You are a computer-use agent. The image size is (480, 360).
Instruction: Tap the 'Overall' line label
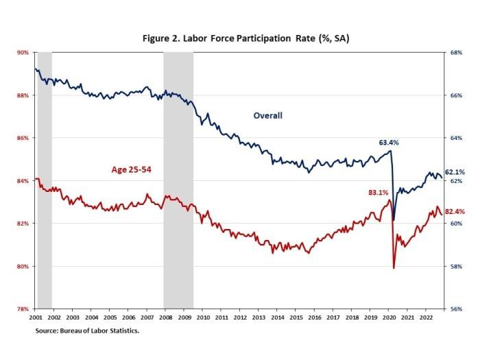coord(268,115)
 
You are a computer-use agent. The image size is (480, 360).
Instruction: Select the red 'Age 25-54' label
coord(134,169)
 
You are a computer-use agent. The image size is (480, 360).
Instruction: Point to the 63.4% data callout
coord(389,143)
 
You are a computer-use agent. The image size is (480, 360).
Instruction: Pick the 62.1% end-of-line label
coord(455,172)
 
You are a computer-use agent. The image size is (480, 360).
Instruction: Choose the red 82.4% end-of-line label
coord(455,212)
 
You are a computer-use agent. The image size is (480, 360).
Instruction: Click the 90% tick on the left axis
coord(23,52)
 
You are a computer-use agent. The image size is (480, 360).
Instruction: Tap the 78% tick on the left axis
coord(23,309)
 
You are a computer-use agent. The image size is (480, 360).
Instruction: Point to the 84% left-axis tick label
coord(23,181)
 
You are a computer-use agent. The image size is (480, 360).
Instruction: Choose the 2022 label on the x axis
coord(424,318)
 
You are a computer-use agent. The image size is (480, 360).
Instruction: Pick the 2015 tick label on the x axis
coord(295,318)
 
